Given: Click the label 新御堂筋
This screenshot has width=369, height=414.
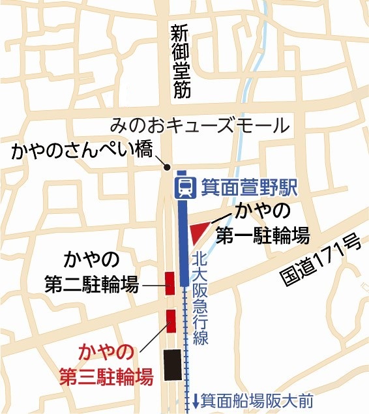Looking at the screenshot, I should tap(181, 61).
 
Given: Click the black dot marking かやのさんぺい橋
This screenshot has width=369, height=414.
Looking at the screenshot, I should tap(168, 166).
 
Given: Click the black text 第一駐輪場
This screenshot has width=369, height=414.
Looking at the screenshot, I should tap(262, 235).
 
